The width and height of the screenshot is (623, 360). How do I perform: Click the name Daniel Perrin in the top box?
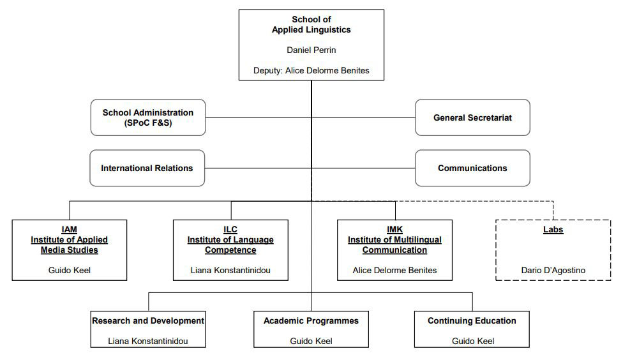click(x=311, y=50)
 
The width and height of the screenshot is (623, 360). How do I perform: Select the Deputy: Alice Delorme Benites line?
click(x=311, y=70)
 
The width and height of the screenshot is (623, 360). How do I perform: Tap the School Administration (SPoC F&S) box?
click(x=148, y=117)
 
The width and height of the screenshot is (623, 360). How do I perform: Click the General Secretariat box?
click(x=472, y=117)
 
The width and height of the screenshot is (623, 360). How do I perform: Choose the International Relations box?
click(x=147, y=168)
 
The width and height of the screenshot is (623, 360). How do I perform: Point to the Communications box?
click(x=472, y=168)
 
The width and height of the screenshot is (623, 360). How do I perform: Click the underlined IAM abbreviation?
click(x=69, y=230)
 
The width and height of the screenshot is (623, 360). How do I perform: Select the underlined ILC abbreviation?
click(x=230, y=230)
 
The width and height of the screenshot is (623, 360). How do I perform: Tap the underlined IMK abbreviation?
click(x=394, y=230)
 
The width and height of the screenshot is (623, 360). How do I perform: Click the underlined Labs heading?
click(x=553, y=230)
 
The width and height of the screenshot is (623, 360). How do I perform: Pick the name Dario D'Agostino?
click(x=553, y=270)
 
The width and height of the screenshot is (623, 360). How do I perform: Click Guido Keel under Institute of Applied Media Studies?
click(x=70, y=270)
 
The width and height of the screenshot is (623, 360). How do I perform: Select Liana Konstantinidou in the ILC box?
click(x=230, y=270)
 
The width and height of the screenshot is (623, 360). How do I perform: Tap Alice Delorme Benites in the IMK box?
click(x=394, y=270)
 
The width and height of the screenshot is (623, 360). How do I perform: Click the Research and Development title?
click(x=148, y=320)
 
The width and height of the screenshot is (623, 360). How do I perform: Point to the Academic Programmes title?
click(x=311, y=320)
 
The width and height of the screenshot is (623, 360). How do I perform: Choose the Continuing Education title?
click(x=472, y=320)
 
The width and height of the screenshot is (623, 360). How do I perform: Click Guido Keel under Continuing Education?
click(x=473, y=341)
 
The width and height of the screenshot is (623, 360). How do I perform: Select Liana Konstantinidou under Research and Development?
click(x=148, y=341)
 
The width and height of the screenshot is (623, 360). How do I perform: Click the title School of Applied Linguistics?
click(x=311, y=25)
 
